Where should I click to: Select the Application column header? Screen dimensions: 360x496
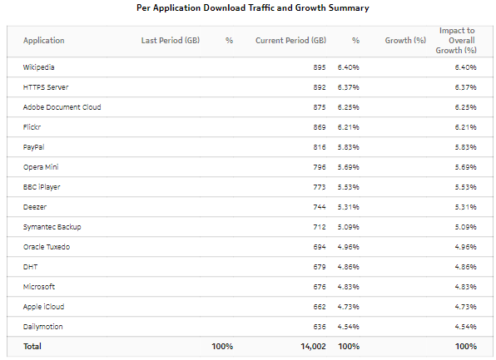point(43,41)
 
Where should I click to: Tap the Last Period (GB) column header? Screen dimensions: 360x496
point(170,41)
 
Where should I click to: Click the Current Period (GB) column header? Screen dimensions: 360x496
point(290,41)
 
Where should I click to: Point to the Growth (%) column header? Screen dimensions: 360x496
point(405,41)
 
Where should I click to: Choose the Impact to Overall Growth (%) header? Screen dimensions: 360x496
point(457,40)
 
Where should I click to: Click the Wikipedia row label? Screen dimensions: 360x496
point(39,67)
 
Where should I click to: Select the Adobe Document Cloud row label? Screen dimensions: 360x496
point(62,107)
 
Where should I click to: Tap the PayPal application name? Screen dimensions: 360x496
point(34,147)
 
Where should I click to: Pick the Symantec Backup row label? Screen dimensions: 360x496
point(52,227)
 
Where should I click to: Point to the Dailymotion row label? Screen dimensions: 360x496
point(43,327)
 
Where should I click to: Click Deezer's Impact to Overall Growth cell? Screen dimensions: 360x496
point(464,207)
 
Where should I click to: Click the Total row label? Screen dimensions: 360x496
point(32,346)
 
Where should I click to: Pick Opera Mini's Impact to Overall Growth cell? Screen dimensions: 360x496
point(464,167)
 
